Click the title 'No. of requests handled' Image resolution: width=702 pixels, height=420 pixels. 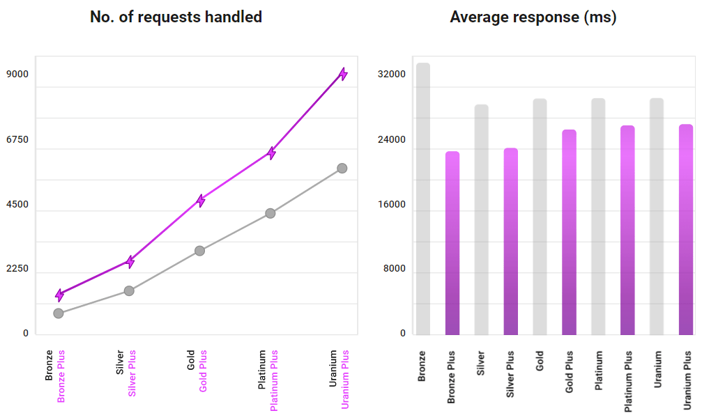tap(176, 17)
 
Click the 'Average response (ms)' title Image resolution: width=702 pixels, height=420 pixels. tap(533, 17)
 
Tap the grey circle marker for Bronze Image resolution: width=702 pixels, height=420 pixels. tap(59, 313)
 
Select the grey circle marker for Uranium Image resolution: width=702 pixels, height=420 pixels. tap(342, 168)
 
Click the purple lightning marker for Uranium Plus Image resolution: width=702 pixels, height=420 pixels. tap(342, 74)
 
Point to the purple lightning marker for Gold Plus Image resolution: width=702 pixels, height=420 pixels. tap(201, 201)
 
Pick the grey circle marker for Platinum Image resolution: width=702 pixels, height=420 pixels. tap(270, 213)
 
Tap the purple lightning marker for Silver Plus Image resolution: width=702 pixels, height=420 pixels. tap(130, 260)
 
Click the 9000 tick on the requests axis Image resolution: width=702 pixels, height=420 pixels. tap(17, 75)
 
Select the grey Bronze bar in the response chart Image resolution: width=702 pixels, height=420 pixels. tap(422, 199)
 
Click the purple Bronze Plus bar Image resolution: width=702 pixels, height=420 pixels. tap(452, 243)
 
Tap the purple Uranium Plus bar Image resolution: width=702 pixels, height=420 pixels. tap(686, 229)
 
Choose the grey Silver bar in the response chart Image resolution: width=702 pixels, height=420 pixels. tap(481, 219)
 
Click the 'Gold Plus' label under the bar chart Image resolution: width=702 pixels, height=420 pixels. tap(570, 381)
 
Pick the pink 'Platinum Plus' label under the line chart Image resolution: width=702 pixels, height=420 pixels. tap(274, 380)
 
